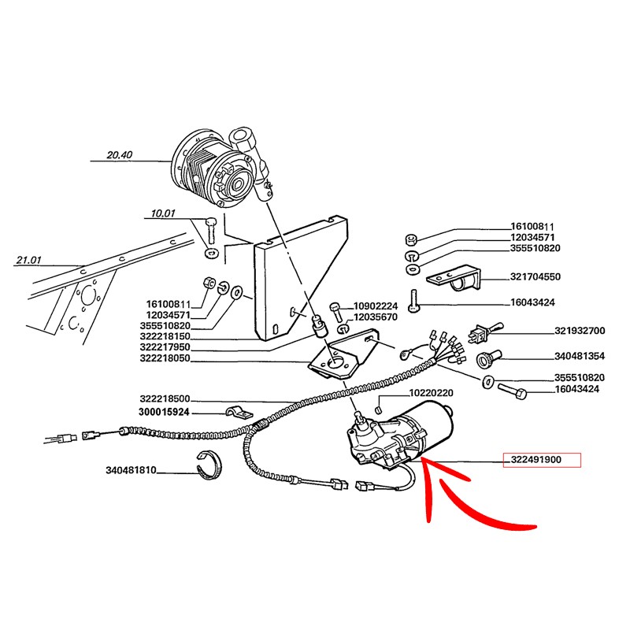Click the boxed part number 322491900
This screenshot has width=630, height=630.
(536, 460)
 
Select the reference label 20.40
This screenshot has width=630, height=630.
(120, 154)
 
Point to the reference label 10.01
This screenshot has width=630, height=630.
(163, 213)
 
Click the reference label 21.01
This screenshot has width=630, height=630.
(28, 260)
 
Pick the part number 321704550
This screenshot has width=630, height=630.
(535, 277)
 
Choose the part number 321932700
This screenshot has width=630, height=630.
(580, 331)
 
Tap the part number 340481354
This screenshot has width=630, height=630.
(580, 356)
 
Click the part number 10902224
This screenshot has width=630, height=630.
(376, 306)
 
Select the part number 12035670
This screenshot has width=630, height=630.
(376, 317)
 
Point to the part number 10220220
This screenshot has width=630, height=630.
(431, 392)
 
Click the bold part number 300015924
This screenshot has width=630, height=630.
(164, 412)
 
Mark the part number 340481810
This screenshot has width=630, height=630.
(131, 470)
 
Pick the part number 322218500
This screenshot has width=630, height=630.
(165, 399)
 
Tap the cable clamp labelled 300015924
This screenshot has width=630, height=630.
(239, 413)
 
